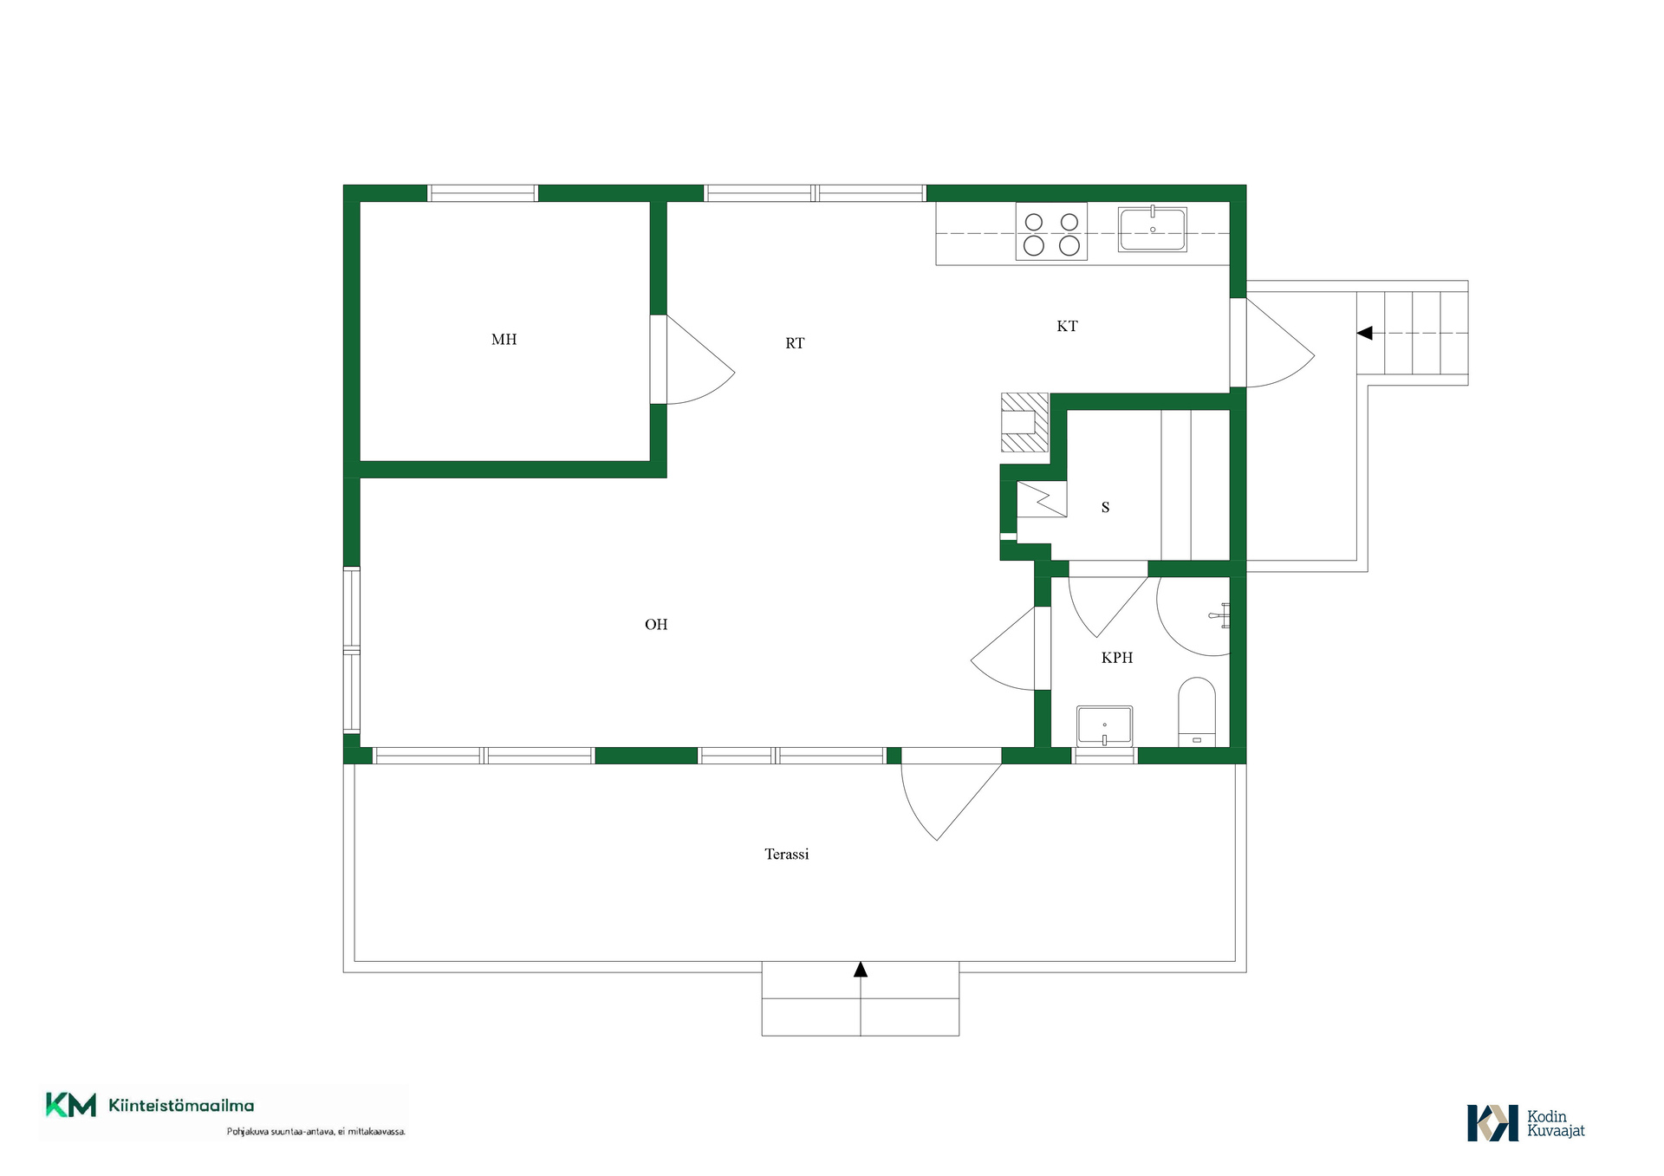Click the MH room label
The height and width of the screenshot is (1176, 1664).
point(504,340)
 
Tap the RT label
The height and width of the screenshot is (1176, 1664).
point(795,343)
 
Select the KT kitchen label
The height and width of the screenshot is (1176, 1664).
point(1067,326)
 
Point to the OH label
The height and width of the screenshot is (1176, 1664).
point(656,624)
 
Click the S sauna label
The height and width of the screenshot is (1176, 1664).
point(1105,507)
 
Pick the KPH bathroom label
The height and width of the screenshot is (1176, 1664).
point(1117,658)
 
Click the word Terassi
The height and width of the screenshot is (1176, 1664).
point(787,854)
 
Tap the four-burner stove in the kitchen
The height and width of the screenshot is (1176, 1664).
point(1051,231)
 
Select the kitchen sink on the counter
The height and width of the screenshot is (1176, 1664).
point(1152,229)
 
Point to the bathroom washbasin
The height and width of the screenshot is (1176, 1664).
point(1104,726)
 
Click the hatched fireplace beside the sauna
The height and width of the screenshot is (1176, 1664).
point(1024,423)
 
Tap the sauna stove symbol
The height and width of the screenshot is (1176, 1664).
point(1042,500)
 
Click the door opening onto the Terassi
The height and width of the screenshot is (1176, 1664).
point(951,797)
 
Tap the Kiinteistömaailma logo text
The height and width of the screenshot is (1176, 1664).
point(181,1106)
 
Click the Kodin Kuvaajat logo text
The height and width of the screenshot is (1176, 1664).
point(1556,1124)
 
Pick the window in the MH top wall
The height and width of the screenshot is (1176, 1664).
point(483,193)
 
